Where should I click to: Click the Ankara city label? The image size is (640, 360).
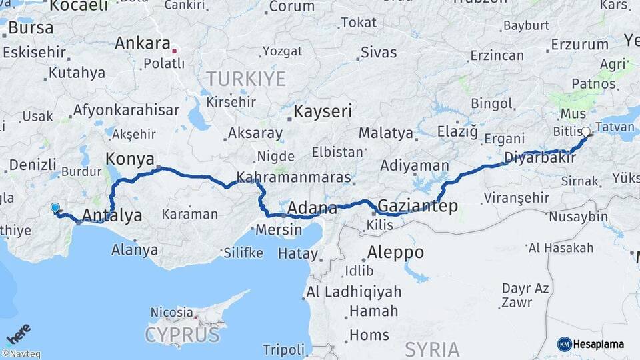click(x=142, y=43)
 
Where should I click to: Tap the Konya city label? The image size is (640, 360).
click(x=130, y=159)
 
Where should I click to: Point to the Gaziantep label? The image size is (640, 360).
click(x=418, y=206)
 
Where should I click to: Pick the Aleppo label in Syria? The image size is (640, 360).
click(x=395, y=252)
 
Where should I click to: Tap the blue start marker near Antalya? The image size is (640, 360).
click(x=55, y=208)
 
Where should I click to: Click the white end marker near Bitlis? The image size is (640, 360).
click(x=586, y=132)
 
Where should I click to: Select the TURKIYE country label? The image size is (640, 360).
click(x=245, y=79)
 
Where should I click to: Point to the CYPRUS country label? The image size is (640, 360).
click(x=181, y=333)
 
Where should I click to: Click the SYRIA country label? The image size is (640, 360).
click(x=432, y=349)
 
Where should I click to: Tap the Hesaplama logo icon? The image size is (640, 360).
click(x=564, y=344)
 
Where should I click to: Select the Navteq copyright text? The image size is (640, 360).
click(x=21, y=354)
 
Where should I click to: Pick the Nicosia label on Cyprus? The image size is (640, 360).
click(x=171, y=311)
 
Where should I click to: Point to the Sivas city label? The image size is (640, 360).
click(x=379, y=52)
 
